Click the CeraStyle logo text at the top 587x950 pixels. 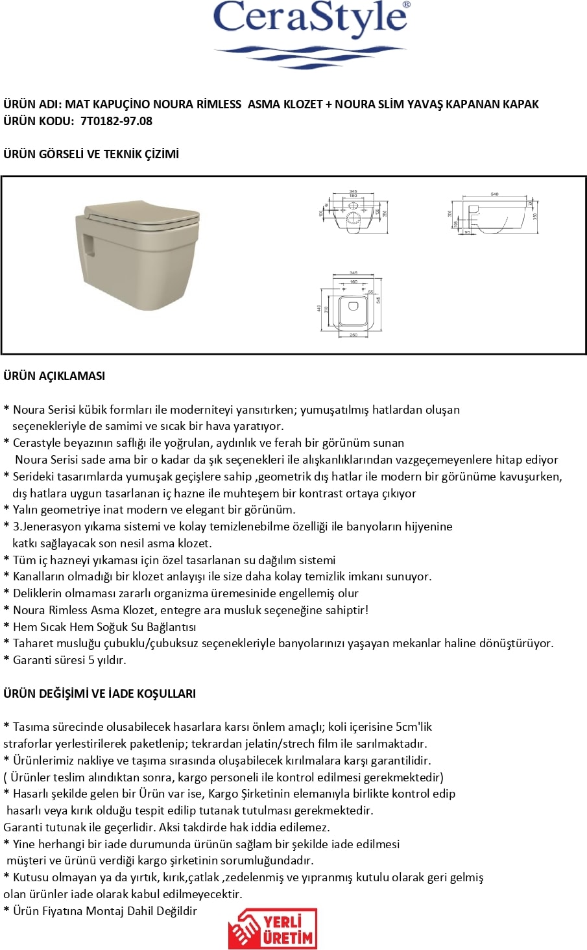[x=311, y=18]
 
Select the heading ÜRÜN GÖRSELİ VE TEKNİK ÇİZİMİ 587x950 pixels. [x=91, y=154]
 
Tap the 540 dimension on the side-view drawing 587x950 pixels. [x=494, y=194]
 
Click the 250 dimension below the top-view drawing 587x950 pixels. [x=353, y=335]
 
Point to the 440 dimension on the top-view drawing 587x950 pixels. [x=319, y=308]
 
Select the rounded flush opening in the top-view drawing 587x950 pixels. [x=353, y=305]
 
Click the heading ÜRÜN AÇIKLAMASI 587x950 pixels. [x=54, y=375]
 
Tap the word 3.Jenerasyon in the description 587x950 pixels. [x=45, y=527]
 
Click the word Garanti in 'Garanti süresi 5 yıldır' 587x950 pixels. [x=32, y=660]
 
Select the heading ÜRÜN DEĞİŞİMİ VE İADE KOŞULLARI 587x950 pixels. [x=99, y=693]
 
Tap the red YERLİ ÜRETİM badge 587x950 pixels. [x=272, y=929]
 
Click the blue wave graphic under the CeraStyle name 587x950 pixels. [x=310, y=54]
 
